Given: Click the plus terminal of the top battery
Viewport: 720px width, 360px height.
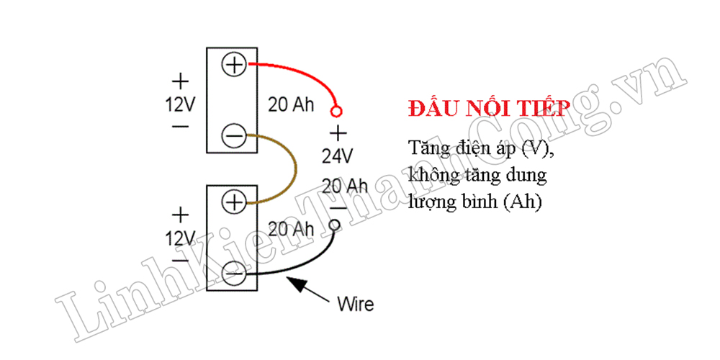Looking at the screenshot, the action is tap(235, 64).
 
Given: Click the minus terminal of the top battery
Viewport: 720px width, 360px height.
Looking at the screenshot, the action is tap(235, 135).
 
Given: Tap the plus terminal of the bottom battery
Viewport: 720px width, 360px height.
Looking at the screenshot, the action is tap(235, 202).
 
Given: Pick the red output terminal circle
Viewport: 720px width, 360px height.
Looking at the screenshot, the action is tap(337, 111).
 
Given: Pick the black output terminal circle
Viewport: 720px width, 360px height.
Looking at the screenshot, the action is tap(336, 225).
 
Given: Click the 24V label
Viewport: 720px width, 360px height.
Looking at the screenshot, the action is tap(337, 157).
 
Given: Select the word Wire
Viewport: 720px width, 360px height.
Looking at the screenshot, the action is tap(356, 304).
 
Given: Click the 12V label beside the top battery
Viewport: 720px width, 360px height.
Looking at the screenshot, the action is tap(181, 104).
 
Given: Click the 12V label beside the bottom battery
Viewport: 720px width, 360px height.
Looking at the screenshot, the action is tap(181, 238).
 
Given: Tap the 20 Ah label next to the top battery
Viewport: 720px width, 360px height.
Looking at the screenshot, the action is tap(292, 105).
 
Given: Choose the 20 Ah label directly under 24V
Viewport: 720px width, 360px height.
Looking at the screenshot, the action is tap(345, 186).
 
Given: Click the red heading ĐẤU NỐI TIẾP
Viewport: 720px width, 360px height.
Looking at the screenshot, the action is tap(490, 109).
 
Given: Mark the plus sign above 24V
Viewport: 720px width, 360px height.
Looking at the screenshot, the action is tap(338, 134).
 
